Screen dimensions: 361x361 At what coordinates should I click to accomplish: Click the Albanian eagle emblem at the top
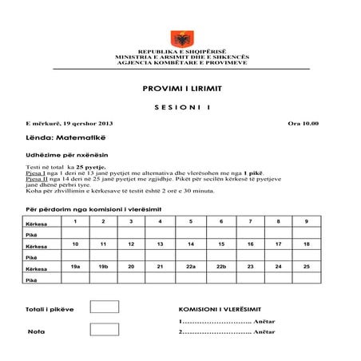[179, 38]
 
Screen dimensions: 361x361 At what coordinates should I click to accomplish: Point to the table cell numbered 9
[306, 221]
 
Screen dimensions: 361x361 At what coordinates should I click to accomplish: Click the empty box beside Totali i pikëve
[104, 307]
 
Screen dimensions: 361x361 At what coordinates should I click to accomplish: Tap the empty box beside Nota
[104, 329]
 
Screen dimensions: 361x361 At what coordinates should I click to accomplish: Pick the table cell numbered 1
[76, 221]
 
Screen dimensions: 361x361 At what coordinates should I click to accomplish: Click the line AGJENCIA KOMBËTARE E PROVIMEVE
[180, 62]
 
